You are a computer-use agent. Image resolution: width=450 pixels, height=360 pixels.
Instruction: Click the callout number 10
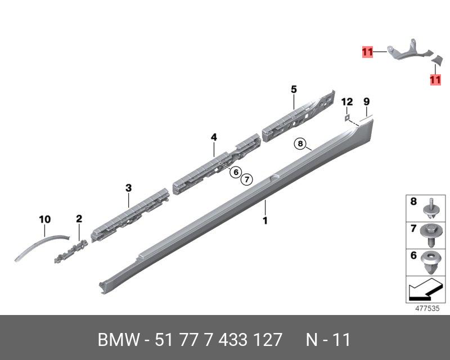click(45, 219)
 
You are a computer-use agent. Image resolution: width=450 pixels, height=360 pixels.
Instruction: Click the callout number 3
click(129, 188)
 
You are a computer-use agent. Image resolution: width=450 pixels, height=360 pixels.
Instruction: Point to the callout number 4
click(214, 137)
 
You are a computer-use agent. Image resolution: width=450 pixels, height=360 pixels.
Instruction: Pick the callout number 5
click(294, 89)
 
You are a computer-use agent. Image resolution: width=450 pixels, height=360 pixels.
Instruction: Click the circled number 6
click(236, 172)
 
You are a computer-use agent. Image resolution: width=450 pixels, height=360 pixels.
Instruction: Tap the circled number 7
click(246, 179)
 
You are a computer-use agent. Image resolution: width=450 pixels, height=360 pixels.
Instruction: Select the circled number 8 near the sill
click(300, 143)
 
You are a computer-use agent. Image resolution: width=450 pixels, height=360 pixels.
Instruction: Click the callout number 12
click(347, 102)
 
